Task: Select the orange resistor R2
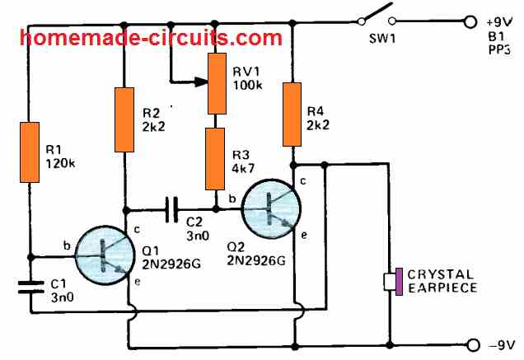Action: tap(124, 119)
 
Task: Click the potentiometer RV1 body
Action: tap(218, 82)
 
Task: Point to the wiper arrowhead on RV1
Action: tap(201, 82)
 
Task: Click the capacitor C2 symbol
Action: tap(172, 209)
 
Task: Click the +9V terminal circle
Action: tap(471, 22)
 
